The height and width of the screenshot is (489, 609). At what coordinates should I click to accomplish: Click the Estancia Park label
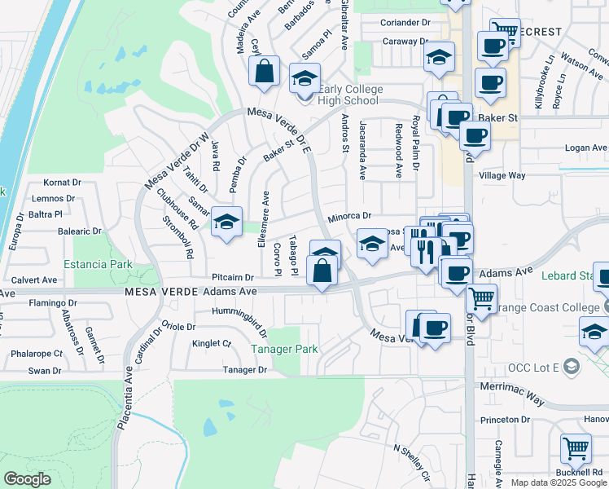point(99,265)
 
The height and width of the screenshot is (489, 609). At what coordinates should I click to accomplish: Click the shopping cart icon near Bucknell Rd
point(576,447)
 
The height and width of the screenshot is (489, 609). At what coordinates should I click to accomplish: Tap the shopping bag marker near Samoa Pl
point(265,72)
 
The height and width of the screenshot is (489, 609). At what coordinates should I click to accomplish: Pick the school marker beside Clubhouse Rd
point(226,222)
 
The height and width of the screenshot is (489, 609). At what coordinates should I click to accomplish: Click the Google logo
point(27,479)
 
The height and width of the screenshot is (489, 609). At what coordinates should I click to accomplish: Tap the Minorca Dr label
point(349,217)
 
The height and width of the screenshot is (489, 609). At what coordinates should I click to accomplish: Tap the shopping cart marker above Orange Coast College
point(482,300)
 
